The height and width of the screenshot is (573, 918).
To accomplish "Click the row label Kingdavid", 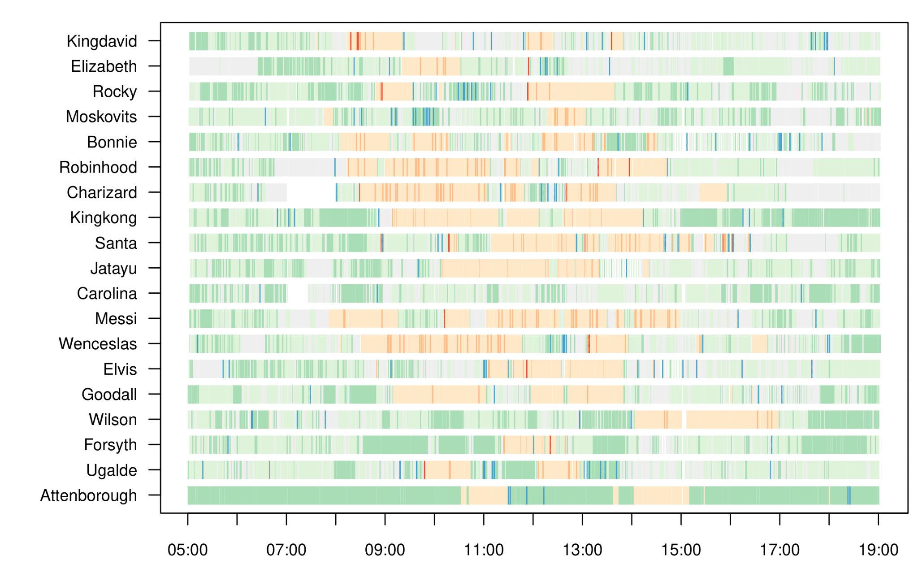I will [102, 41].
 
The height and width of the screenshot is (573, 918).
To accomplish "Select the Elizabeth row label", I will [104, 66].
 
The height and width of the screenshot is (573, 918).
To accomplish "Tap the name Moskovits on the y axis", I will [101, 117].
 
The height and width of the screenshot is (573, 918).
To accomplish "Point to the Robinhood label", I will [98, 167].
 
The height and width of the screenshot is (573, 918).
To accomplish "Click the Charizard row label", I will [102, 192].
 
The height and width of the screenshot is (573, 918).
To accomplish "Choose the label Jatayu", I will [113, 268].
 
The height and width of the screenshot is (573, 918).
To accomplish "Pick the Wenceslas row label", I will [98, 344].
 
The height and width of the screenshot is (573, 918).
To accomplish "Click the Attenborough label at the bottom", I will [89, 495].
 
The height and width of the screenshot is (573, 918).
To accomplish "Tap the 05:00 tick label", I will [187, 550].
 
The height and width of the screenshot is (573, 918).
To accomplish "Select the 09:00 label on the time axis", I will [385, 550].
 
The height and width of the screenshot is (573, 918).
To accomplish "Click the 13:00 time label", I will [582, 550].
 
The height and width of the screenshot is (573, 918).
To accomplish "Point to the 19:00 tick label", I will [878, 550].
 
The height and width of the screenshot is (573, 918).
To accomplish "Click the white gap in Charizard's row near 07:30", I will [311, 192].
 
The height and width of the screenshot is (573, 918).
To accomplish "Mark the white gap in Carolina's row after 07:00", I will [297, 293].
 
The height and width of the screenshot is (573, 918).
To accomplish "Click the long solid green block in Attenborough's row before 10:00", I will [323, 495].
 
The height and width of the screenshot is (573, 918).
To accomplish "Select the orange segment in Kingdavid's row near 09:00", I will [388, 41].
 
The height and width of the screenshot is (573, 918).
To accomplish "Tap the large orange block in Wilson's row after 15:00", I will [722, 420].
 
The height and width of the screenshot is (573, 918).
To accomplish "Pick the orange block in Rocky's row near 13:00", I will [583, 91].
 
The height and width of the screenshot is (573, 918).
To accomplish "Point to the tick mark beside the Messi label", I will [154, 319].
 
